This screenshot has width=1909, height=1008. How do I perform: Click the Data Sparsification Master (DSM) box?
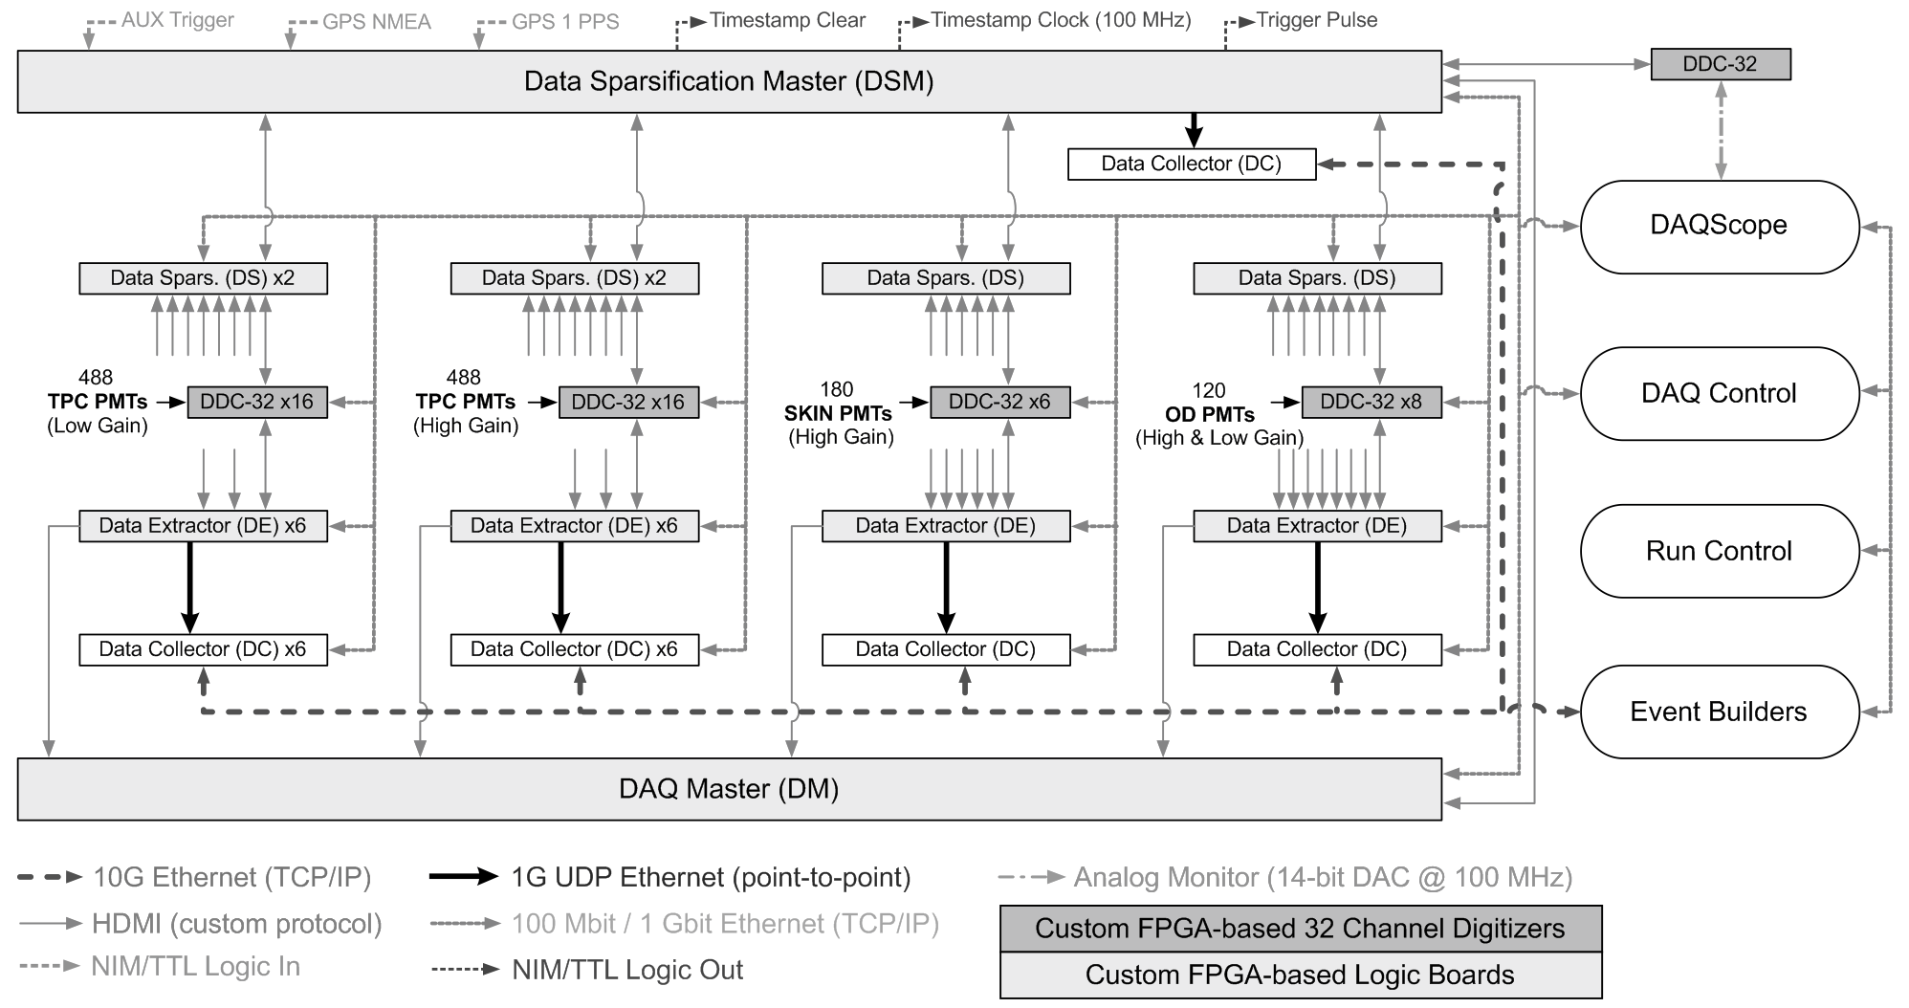click(x=729, y=81)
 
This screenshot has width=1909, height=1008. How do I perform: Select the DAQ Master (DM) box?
click(x=729, y=789)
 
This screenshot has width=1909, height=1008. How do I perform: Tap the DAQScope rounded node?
click(x=1719, y=227)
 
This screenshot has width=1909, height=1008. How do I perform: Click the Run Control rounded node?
click(x=1719, y=551)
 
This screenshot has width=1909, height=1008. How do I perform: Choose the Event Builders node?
click(x=1719, y=712)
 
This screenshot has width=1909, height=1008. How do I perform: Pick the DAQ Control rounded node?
click(x=1719, y=393)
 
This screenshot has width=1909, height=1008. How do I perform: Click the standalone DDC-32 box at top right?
click(x=1721, y=64)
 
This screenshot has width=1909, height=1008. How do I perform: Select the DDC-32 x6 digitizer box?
click(x=999, y=402)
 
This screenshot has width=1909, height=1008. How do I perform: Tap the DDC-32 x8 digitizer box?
click(x=1371, y=402)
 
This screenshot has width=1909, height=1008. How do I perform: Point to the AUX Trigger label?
click(x=178, y=20)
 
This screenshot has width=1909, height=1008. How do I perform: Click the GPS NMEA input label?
click(x=377, y=22)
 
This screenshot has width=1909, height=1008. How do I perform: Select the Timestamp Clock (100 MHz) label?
click(x=1062, y=20)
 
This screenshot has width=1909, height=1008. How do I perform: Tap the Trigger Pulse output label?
click(x=1317, y=20)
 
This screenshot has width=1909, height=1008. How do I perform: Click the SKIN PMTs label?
click(x=838, y=413)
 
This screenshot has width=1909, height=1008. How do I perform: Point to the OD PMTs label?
click(x=1210, y=414)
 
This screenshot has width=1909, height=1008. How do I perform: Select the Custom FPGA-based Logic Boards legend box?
click(x=1301, y=975)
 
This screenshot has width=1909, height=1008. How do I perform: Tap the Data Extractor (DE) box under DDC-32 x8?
click(x=1317, y=526)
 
